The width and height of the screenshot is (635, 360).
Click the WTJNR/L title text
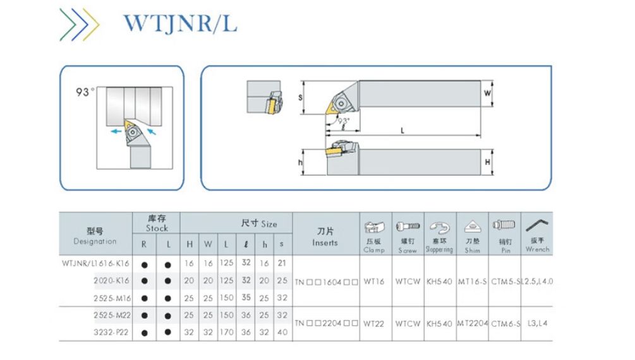(180, 23)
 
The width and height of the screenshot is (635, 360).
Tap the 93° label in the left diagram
(85, 92)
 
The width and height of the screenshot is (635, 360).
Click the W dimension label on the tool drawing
(487, 93)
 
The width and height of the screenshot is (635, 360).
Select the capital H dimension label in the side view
(487, 162)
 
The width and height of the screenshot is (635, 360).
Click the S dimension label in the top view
(300, 97)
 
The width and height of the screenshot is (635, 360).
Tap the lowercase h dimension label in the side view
(300, 163)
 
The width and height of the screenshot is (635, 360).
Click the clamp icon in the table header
(373, 227)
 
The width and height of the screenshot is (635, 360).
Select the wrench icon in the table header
(537, 225)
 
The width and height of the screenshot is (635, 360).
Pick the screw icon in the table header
(408, 226)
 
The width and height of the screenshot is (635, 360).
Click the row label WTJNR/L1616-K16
(95, 263)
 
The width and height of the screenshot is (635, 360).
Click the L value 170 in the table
(226, 332)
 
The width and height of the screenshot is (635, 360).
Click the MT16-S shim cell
(472, 280)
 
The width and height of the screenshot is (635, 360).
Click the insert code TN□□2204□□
(327, 323)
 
